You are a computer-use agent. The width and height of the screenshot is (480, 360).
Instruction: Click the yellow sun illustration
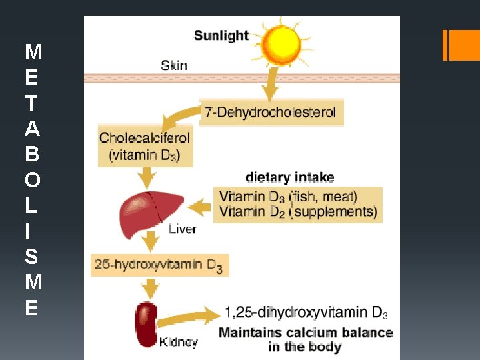pos(281,45)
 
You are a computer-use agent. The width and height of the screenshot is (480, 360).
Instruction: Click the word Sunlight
pos(221,36)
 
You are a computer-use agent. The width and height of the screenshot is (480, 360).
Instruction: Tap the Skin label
pos(174,65)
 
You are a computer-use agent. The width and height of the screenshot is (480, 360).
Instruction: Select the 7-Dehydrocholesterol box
pos(271,112)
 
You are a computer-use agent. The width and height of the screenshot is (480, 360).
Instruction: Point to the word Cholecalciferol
pos(145,138)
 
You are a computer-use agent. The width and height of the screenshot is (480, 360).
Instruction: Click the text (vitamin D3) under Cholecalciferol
pos(144,155)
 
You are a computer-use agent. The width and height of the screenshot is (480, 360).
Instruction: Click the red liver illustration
pos(151,214)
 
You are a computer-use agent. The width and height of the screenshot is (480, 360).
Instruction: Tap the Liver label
pos(183,229)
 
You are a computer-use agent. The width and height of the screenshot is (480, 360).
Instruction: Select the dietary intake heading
pos(290,177)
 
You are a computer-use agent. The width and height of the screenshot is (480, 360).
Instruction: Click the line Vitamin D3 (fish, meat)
pos(289,197)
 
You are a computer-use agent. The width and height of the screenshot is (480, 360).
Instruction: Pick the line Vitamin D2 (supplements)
pos(298,212)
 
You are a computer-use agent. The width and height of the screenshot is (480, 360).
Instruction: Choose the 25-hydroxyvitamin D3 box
pos(160,265)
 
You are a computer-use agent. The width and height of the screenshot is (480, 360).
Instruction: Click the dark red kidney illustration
pos(146,325)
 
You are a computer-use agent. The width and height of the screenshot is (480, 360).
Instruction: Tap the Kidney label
pos(179,342)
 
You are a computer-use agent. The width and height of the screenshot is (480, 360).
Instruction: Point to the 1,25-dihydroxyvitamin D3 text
pos(306,313)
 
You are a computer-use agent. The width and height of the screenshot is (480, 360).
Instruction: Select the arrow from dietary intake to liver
pos(199,207)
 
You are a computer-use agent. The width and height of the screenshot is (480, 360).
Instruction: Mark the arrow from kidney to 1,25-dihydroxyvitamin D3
pos(189,319)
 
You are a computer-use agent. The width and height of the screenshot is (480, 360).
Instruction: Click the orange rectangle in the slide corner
pos(461,45)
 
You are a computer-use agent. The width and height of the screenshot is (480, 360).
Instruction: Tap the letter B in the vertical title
pos(33,154)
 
